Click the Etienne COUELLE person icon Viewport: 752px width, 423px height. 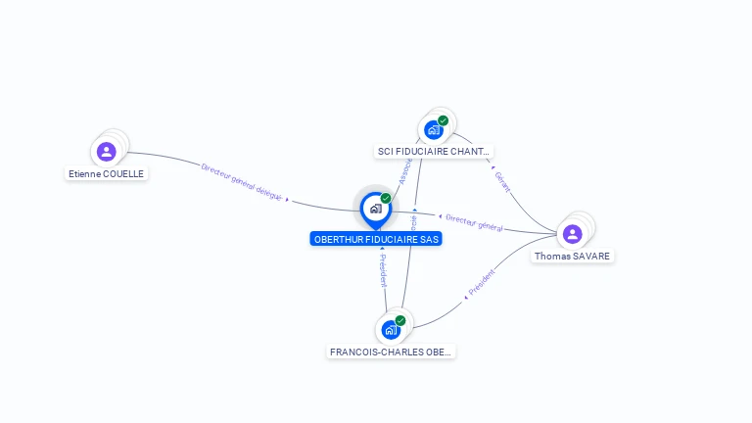107,152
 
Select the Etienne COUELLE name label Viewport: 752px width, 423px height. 107,174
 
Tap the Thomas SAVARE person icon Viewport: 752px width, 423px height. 572,234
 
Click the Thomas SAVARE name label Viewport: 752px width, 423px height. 572,257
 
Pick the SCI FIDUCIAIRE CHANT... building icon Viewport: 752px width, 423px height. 433,130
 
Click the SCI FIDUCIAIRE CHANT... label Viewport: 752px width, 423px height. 434,152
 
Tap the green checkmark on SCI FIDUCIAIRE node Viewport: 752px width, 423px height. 444,120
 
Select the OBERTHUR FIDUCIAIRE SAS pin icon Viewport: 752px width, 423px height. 375,209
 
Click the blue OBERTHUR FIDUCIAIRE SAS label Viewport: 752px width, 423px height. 376,239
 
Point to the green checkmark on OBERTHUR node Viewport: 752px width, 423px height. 386,199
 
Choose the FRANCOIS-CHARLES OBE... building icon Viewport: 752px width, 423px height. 391,330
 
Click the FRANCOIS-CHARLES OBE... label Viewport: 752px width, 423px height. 392,352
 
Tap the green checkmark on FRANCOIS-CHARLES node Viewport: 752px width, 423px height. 400,320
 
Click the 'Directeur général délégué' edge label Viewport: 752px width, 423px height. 242,182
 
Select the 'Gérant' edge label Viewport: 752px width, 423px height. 502,181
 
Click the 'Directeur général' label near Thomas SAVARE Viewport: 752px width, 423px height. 474,222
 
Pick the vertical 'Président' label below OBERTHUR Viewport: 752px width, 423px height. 383,270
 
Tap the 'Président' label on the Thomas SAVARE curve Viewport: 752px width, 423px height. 482,282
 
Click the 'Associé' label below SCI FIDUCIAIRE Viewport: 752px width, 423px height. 404,172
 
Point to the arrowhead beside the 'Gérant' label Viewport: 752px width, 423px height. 493,167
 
